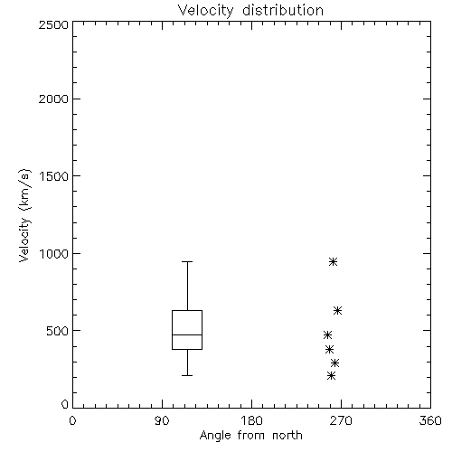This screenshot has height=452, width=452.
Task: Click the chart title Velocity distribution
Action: pos(250,10)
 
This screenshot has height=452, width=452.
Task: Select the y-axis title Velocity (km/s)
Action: pos(24,215)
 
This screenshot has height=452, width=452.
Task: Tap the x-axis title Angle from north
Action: pos(250,436)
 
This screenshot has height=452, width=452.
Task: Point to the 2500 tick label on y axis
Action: pos(53,24)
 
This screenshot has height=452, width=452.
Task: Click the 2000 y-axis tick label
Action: pos(53,99)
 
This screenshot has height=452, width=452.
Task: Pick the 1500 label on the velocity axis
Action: pos(54,176)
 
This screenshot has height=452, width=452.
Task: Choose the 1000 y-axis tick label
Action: pos(54,254)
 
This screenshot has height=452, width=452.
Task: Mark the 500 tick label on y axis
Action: pos(58,331)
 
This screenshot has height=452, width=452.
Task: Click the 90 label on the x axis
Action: pos(162,420)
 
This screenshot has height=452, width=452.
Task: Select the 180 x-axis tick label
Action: pos(251,420)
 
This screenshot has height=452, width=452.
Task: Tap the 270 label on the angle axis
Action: pos(341,420)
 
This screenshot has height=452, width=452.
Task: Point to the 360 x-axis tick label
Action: pos(430,420)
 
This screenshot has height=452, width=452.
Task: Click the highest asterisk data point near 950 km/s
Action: pos(333,261)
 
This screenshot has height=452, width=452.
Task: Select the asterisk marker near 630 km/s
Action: pos(337,311)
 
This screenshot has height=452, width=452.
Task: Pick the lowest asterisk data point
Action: pos(331,376)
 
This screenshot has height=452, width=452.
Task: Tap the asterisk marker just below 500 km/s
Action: pos(327,335)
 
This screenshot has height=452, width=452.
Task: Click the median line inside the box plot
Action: pos(187,334)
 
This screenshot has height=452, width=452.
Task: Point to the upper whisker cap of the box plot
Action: pos(187,261)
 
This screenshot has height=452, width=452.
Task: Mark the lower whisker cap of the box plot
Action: pos(187,375)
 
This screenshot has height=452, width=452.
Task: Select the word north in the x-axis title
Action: pos(287,436)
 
